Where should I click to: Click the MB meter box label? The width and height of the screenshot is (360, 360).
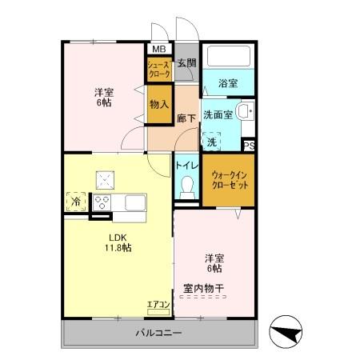pos(159,48)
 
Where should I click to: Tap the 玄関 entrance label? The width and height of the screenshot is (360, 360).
pos(186,63)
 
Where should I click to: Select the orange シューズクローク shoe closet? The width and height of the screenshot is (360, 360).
pos(158,70)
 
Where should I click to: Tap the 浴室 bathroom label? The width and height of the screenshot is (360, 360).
pos(227,82)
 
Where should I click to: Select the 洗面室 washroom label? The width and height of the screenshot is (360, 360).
pos(217,114)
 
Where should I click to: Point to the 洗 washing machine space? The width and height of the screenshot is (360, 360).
pos(211,141)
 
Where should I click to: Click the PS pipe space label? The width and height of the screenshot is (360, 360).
pos(249,146)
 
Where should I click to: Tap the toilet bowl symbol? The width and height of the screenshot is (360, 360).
pos(188,186)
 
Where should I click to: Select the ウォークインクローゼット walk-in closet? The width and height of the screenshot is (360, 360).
pos(229,180)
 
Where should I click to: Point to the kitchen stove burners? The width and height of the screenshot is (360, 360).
pos(103,201)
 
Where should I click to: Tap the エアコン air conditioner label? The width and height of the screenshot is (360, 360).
pos(158,304)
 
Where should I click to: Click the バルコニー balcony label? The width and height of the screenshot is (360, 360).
pos(158,332)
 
